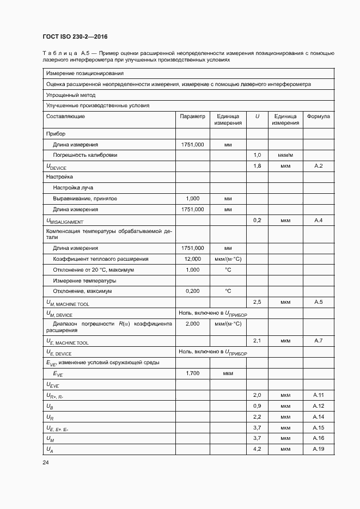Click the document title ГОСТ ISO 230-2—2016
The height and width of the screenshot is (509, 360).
point(75,36)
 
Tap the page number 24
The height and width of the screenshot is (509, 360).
point(46,463)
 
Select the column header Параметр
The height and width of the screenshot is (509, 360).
point(192,116)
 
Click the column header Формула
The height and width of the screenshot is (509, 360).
point(319,116)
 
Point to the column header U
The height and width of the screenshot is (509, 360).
point(257,116)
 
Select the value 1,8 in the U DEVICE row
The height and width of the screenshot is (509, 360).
point(258,165)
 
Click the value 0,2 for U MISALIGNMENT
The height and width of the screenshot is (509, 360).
point(258,220)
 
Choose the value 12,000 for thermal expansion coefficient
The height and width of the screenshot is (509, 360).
point(193,259)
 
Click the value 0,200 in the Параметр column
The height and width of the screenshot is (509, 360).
point(193,291)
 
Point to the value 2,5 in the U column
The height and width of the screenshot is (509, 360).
point(258,302)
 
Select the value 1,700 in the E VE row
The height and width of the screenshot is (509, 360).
point(193,373)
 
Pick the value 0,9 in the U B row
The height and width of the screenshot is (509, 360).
point(258,406)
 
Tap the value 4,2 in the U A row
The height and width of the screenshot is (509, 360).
point(258,449)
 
